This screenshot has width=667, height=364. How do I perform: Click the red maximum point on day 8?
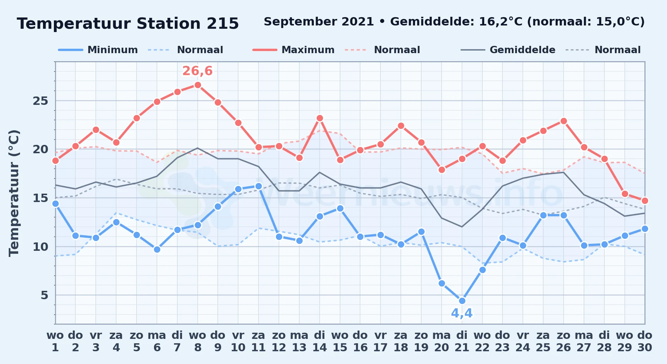coord(198,85)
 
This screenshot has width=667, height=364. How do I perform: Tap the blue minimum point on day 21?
coord(462,301)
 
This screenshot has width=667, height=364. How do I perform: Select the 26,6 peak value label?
coord(197,71)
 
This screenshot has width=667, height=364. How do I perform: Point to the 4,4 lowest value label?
coord(462,313)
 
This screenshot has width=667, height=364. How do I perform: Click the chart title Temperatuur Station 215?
coord(128,24)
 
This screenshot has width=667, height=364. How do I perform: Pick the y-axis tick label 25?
coord(40,101)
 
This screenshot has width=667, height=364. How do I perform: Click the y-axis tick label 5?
coord(44,295)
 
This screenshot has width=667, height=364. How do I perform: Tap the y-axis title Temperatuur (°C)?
coord(14,193)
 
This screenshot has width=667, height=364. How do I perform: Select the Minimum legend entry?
coord(98,50)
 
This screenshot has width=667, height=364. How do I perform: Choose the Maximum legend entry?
coord(293,50)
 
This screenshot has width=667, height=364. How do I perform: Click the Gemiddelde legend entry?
coord(508,50)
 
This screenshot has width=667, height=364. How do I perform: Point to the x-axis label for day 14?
coord(320,341)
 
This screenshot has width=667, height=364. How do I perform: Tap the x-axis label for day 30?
coord(645,341)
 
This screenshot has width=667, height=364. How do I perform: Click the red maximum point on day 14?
coord(320,118)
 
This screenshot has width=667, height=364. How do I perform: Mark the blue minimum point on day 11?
coord(258,186)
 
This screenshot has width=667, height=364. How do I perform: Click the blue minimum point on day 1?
coord(55,204)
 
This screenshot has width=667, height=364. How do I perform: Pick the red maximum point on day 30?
coord(645,201)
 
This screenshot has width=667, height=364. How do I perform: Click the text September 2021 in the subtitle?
coord(319,22)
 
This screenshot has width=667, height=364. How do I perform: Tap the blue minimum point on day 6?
coord(157,250)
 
